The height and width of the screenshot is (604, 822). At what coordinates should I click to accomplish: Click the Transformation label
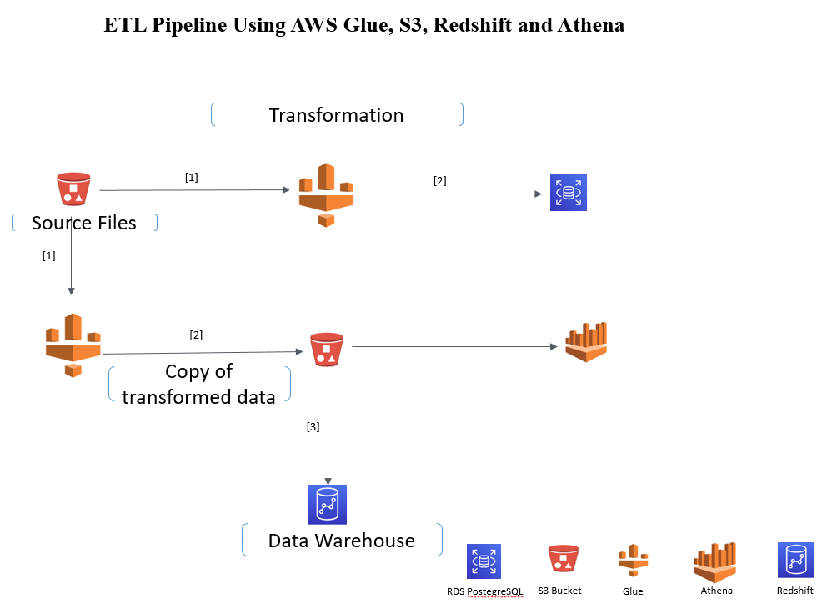pos(336,115)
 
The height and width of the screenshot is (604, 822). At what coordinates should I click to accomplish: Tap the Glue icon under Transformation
pos(326,194)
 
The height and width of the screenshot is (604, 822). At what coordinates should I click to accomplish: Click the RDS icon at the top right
pos(569,193)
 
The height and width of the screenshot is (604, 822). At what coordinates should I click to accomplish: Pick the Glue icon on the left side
pos(73,345)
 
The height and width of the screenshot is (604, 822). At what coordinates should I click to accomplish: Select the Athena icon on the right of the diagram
pos(586,342)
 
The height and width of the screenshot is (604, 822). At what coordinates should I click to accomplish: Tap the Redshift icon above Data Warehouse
pos(328,504)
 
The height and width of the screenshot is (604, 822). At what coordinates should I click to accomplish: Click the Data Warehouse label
pos(341,541)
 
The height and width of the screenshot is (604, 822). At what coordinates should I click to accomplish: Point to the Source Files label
pos(83,223)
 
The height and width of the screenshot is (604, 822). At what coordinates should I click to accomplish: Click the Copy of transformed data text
pos(198,385)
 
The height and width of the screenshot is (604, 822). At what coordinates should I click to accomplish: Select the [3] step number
pos(313,426)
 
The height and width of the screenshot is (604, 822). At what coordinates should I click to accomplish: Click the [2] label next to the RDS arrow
pos(439,180)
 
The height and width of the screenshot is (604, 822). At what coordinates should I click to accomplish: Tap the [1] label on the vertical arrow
pos(48,256)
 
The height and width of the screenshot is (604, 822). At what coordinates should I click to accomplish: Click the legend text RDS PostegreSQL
pos(484,591)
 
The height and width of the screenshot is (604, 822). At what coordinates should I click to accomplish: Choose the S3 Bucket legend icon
pos(564,560)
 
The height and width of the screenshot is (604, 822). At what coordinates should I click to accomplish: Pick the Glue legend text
pos(633,591)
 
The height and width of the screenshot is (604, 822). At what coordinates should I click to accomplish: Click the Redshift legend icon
pos(795,560)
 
